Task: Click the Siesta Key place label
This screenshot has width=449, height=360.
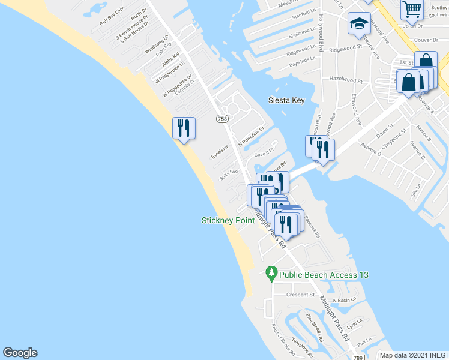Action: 287,100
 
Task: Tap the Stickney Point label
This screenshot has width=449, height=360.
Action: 228,220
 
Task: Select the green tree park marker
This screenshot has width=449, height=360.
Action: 271,274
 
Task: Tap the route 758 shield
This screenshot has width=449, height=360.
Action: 222,119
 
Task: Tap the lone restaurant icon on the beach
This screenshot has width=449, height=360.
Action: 184,128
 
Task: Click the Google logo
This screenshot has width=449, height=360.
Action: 20,353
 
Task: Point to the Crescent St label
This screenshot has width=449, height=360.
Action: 300,295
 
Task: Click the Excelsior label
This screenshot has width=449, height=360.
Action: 220,152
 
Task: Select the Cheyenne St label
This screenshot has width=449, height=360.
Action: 396,137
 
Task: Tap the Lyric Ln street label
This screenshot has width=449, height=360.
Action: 355,323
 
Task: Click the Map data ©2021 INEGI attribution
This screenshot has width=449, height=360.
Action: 413,355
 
